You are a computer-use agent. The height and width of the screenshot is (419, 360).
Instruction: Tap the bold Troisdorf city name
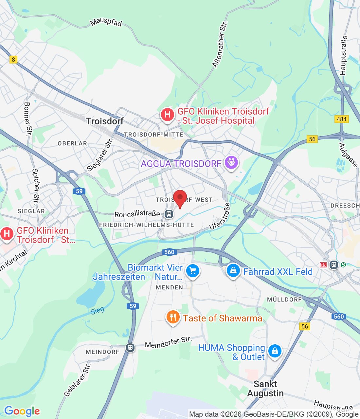pos(105,121)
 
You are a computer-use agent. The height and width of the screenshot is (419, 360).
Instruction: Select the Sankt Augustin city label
pos(265,389)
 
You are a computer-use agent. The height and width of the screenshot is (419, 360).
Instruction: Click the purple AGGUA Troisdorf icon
pos(231,162)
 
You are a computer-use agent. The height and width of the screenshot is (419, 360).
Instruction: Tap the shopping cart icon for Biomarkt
pos(193,271)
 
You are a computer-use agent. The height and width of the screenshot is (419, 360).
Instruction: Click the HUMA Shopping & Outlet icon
pos(275,351)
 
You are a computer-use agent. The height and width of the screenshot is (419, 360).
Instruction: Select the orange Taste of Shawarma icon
pos(173,317)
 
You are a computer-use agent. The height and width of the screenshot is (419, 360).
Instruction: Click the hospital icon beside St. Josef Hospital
pos(168,115)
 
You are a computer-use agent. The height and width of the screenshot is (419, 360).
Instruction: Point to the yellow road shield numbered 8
pos(13,59)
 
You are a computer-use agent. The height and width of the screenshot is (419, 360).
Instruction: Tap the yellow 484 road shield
pos(341,119)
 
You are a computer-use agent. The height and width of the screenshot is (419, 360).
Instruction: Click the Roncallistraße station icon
pos(169,214)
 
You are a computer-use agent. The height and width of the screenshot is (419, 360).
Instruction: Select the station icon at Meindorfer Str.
pos(130,347)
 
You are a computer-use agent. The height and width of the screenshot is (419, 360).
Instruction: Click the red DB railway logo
pos(323,265)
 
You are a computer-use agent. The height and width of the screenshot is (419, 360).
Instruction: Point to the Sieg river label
pos(98,310)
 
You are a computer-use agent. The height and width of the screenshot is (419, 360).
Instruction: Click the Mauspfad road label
pos(106,22)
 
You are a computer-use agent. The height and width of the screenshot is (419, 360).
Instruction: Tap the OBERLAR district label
pos(72,143)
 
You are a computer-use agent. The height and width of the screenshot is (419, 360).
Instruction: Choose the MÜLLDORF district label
pos(284,300)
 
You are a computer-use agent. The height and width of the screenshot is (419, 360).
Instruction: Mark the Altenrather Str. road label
pos(220,45)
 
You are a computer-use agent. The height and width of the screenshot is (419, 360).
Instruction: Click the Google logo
pos(22,411)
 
